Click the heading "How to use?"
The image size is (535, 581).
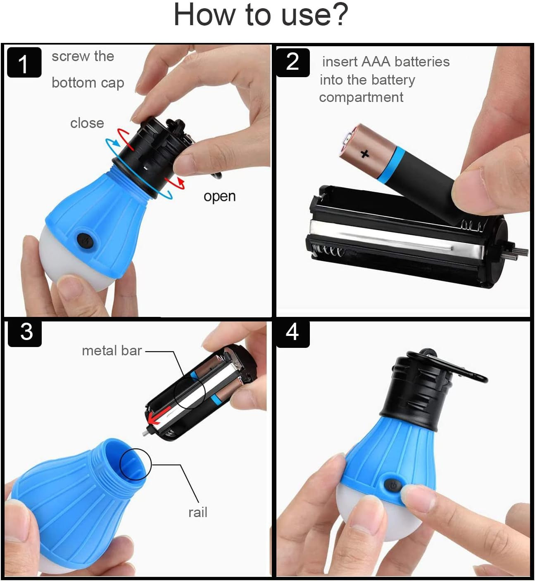[261, 15]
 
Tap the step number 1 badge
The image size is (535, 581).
[24, 63]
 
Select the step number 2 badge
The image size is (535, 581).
[292, 62]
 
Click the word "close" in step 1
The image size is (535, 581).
[87, 123]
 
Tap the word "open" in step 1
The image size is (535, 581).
[219, 196]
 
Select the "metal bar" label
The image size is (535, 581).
[112, 351]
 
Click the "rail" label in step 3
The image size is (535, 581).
[197, 513]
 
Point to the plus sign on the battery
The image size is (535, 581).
[364, 154]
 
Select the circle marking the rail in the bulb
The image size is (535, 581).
[136, 464]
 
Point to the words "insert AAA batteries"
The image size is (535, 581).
[385, 62]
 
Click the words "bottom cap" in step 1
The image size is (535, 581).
[88, 83]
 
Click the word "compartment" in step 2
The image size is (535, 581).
[361, 97]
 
